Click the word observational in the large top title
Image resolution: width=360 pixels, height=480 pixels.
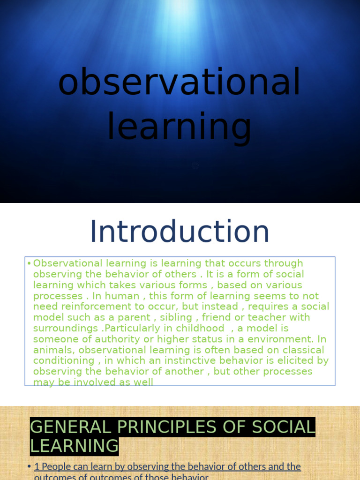coord(179,82)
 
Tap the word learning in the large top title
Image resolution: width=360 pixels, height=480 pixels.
coord(179,127)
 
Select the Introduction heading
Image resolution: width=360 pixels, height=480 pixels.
coord(180,232)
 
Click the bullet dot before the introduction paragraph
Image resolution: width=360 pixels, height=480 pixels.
coord(29,263)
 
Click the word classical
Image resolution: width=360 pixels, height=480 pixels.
coord(300,350)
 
